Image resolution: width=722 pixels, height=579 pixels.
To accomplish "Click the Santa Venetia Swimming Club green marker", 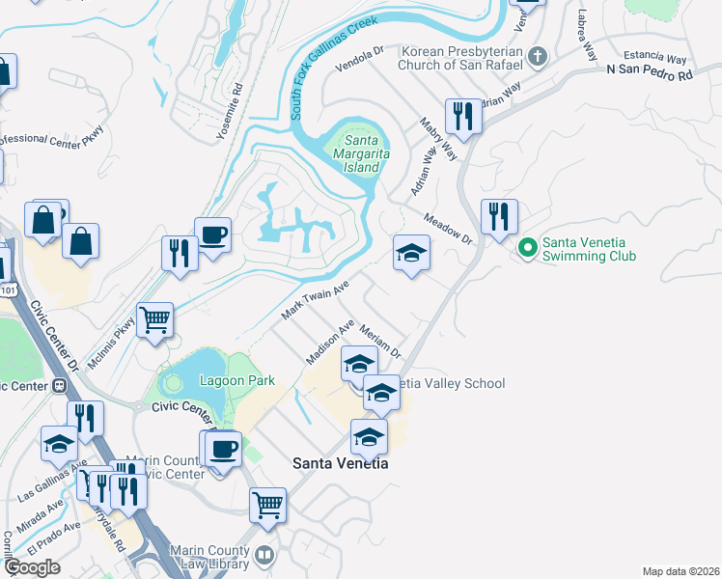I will (527, 248).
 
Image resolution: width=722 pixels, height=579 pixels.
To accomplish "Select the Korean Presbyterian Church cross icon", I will (539, 58).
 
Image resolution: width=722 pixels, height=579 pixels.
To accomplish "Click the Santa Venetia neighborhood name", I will (341, 463).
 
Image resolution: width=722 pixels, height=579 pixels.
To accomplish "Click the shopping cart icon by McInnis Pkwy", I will (154, 318).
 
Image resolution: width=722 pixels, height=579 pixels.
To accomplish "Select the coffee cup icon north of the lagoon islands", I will (212, 234).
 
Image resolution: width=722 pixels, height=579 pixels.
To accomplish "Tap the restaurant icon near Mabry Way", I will (463, 117).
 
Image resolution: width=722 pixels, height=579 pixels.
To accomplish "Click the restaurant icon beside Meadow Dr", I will (499, 216).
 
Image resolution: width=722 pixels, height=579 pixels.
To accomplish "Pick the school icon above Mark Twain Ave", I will (411, 253).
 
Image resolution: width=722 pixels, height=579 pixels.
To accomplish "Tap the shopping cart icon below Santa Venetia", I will (267, 504).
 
